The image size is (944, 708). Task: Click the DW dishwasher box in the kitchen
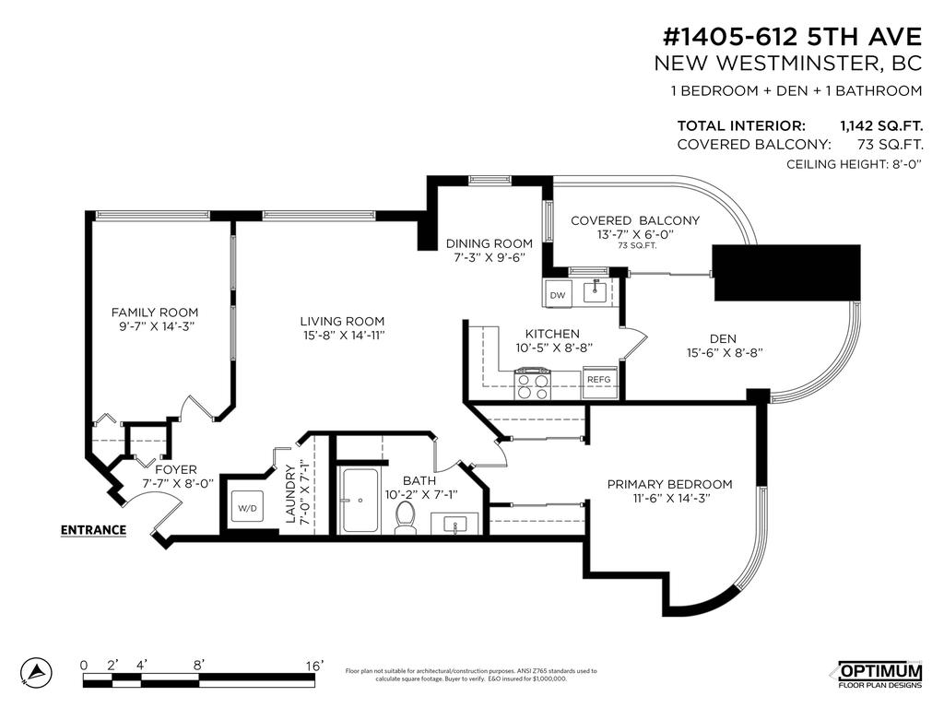click(557, 294)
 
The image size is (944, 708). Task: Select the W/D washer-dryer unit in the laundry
click(247, 508)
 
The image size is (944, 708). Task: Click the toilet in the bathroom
click(406, 516)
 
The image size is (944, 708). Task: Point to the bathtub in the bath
click(360, 501)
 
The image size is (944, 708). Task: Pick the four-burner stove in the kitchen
click(532, 383)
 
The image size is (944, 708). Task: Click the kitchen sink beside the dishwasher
click(597, 291)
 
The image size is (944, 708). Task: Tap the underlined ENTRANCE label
click(93, 530)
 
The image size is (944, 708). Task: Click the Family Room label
click(155, 313)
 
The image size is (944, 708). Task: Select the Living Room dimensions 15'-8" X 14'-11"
click(344, 336)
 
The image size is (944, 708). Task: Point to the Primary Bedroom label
click(669, 484)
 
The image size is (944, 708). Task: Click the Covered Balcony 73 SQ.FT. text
click(636, 245)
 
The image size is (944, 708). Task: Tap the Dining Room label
click(490, 243)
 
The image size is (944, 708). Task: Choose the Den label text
click(723, 339)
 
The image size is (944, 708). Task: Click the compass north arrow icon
click(36, 672)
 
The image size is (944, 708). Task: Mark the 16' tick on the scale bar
click(314, 666)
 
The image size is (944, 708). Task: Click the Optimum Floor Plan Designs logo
click(880, 675)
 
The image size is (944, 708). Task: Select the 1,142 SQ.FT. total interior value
click(881, 125)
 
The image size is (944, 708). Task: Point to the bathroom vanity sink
click(455, 524)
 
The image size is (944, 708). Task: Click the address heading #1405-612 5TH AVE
click(792, 37)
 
